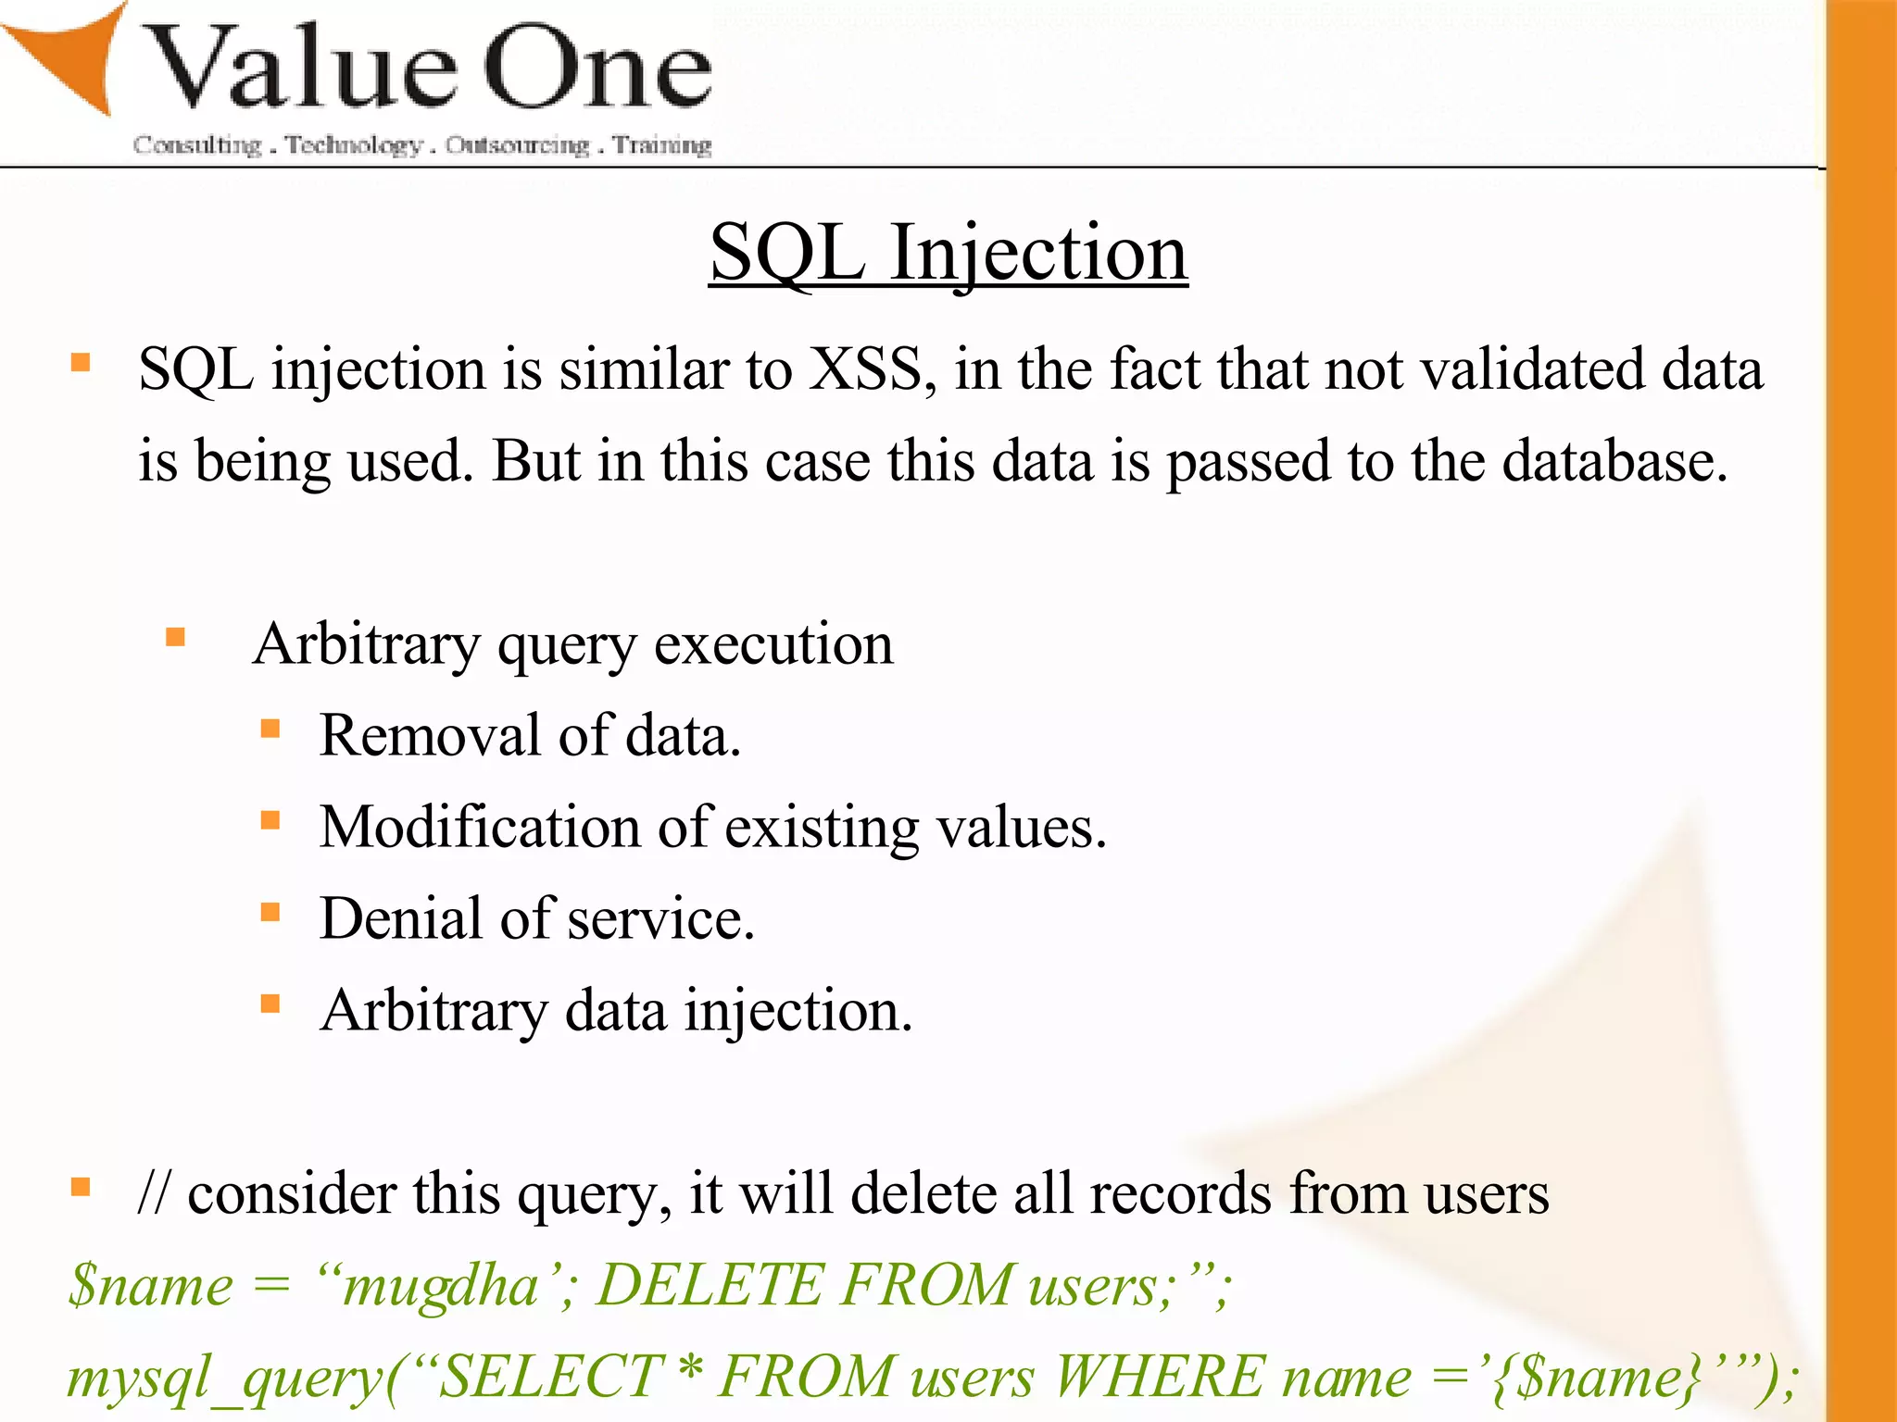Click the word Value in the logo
click(x=301, y=67)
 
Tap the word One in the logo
click(x=597, y=67)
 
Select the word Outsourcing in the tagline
click(x=517, y=145)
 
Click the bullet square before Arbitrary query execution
click(x=176, y=637)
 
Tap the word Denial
click(x=400, y=918)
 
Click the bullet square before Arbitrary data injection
click(x=270, y=1004)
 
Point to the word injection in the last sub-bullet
click(x=798, y=1011)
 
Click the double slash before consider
click(x=154, y=1193)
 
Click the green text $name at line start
click(x=151, y=1287)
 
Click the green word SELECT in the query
click(x=550, y=1377)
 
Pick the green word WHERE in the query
click(x=1158, y=1377)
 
